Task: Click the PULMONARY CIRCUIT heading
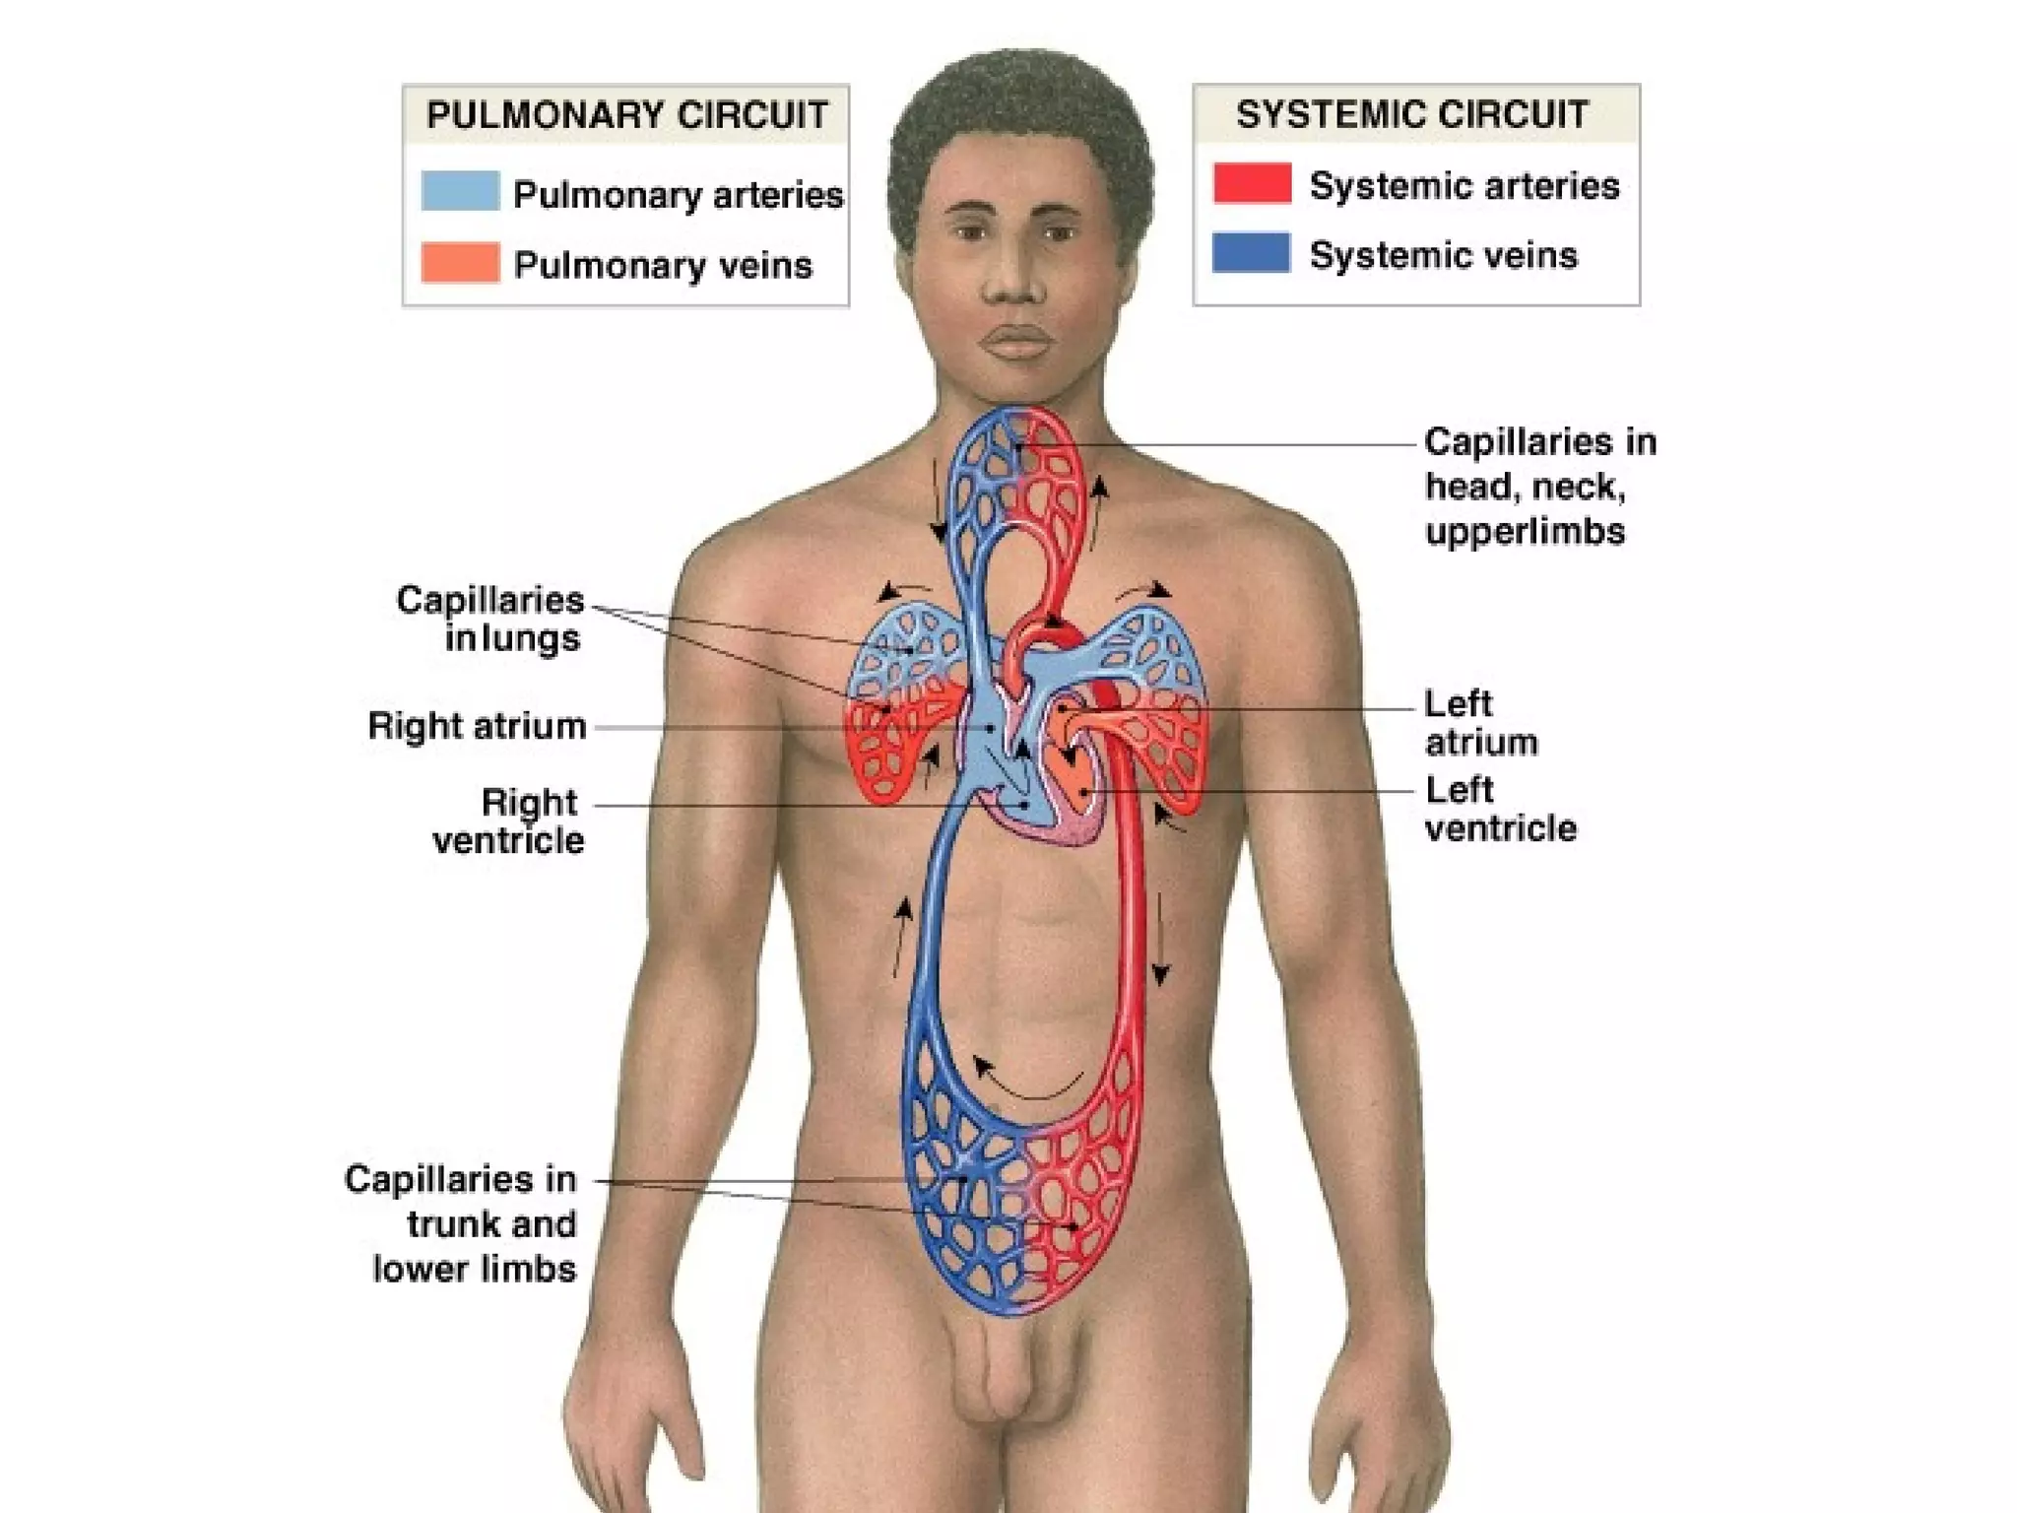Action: click(x=626, y=115)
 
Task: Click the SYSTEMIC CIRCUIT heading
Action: click(x=1412, y=115)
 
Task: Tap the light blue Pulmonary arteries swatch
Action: click(x=460, y=191)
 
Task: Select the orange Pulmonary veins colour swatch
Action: click(x=460, y=263)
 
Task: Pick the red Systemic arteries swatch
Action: click(x=1252, y=183)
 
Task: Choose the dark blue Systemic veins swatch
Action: click(x=1251, y=253)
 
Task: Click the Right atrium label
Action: click(x=477, y=726)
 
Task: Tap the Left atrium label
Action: click(x=1480, y=722)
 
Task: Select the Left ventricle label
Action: click(x=1499, y=809)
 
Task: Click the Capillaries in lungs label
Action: click(x=491, y=619)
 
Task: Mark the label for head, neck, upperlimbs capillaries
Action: click(x=1539, y=487)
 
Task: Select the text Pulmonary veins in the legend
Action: click(x=663, y=265)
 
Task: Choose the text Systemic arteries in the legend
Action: click(x=1464, y=185)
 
